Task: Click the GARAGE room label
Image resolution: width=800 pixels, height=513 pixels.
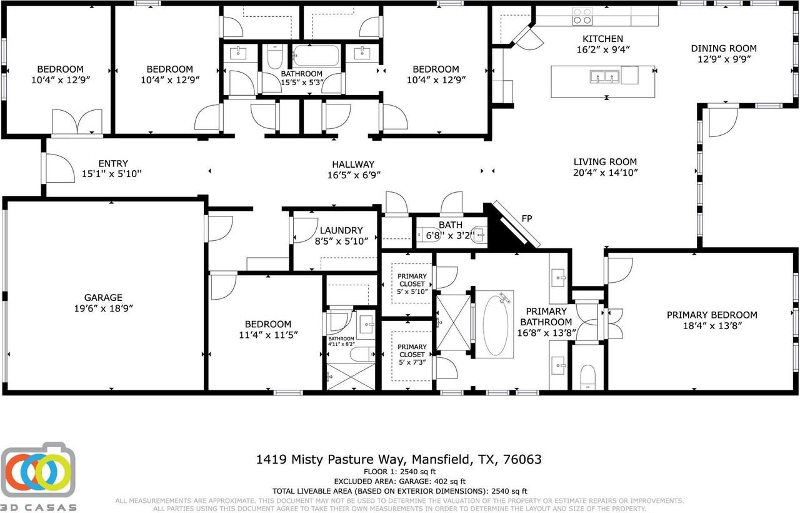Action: coord(103,298)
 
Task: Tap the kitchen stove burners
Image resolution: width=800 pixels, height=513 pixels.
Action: coord(582,16)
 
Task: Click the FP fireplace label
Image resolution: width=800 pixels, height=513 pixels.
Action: coord(527,219)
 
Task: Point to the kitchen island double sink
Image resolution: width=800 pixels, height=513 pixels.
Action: coord(603,77)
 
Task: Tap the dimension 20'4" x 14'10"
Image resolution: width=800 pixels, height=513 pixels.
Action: coord(605,172)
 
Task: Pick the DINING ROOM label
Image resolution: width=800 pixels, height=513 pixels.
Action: coord(723,48)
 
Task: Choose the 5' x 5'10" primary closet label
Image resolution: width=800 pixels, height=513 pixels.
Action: coord(412,292)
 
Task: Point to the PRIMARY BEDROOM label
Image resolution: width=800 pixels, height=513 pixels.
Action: coord(711,315)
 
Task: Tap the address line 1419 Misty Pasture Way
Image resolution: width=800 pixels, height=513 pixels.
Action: coord(399,459)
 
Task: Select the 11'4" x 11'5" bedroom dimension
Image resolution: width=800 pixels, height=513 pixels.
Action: coord(267,335)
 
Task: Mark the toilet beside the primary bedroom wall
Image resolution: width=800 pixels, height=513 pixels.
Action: coord(588,377)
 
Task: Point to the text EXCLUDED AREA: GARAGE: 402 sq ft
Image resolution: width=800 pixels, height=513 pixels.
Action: coord(399,481)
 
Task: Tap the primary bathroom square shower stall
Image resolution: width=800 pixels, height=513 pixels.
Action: coord(452,323)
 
